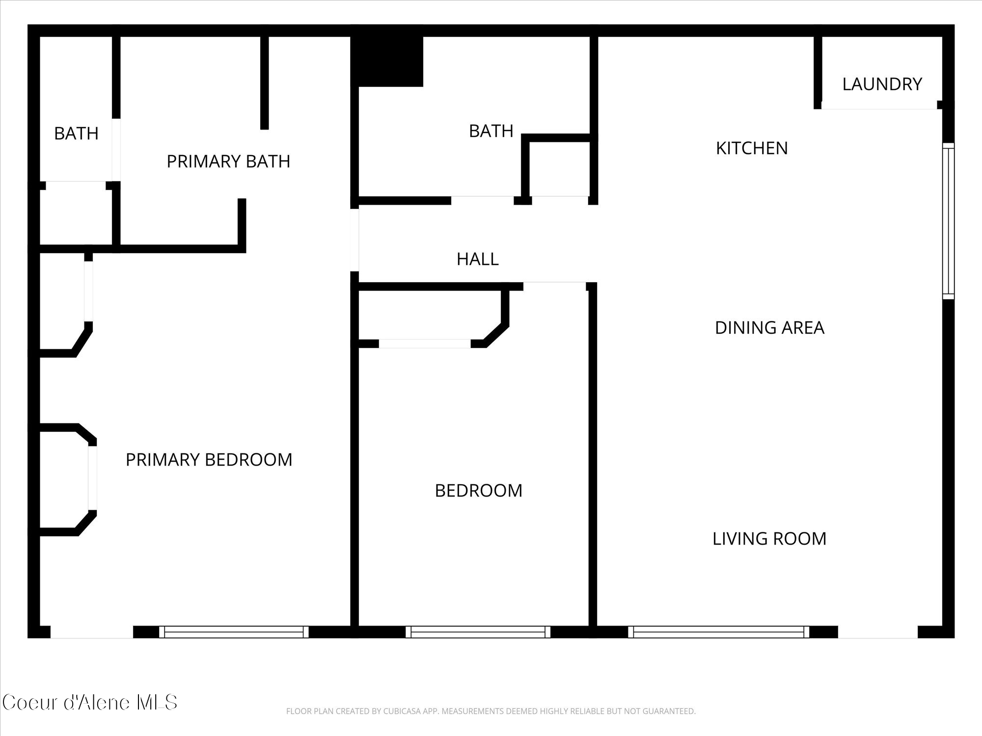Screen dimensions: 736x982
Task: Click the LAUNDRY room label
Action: (882, 84)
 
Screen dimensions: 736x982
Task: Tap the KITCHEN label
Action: (752, 148)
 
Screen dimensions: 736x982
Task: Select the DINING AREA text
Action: (769, 328)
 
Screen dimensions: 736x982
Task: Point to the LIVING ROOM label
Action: (769, 539)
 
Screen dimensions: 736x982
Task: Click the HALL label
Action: (477, 259)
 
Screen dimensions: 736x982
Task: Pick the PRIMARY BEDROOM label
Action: (209, 460)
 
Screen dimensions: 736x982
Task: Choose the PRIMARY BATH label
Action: (228, 161)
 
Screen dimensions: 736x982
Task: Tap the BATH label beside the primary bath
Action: (76, 133)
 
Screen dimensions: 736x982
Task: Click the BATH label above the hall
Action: (491, 131)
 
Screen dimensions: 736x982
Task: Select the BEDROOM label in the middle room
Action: (478, 491)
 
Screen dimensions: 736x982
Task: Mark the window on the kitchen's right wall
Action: (948, 221)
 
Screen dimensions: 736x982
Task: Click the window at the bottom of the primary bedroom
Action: (234, 632)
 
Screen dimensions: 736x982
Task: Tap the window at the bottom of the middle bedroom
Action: (478, 632)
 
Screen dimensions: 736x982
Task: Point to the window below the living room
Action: (718, 632)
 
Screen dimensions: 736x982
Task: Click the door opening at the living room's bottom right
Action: (877, 632)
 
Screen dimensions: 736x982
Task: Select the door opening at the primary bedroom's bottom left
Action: (92, 632)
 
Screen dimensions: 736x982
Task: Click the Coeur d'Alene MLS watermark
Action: (89, 703)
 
